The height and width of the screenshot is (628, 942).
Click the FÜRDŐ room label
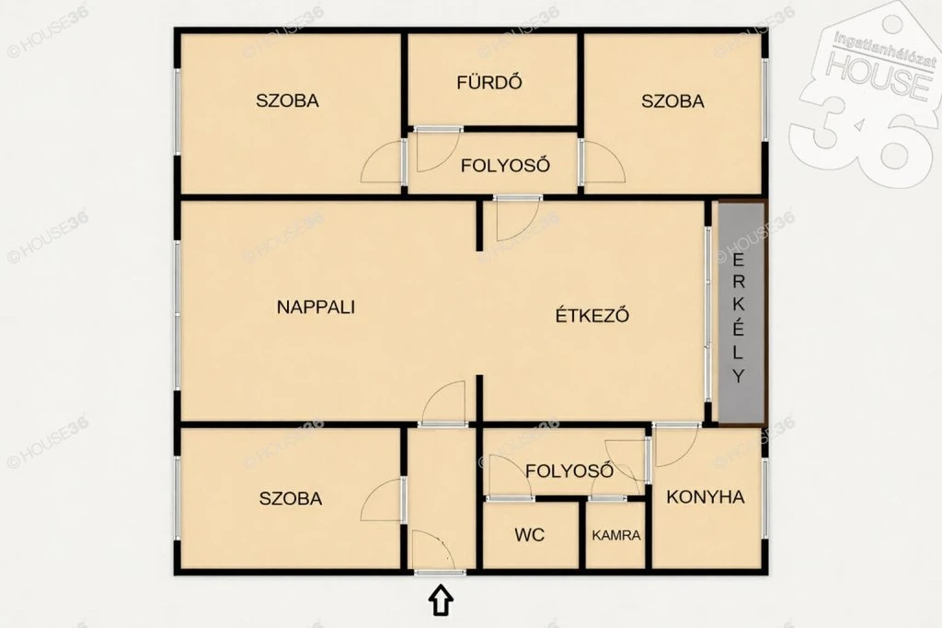click(489, 82)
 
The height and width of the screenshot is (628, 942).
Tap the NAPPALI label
click(316, 307)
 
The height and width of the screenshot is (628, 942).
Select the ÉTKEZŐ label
click(592, 315)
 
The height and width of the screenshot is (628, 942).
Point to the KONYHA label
click(706, 497)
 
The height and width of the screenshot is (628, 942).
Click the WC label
click(529, 534)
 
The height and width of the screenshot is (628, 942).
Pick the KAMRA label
click(616, 535)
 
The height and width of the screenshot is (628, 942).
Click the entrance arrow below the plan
click(441, 599)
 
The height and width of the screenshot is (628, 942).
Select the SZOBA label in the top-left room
click(287, 99)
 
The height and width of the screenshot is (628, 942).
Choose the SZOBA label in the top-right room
click(672, 100)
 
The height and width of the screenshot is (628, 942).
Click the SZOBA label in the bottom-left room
click(291, 498)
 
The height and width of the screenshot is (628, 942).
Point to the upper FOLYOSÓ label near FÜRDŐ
click(505, 165)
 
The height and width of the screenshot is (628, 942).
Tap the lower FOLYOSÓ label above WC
click(569, 471)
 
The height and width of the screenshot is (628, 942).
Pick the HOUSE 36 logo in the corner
click(865, 90)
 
